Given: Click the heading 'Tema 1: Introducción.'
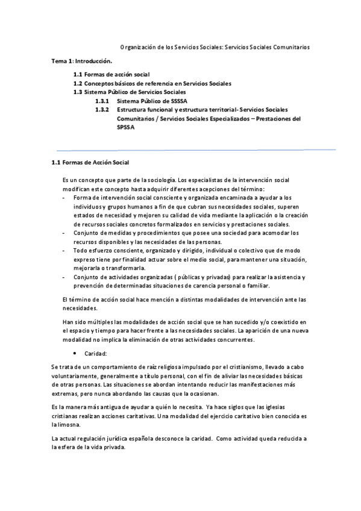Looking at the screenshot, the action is pos(81,61).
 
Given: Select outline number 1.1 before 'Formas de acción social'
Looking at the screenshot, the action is pos(78,74).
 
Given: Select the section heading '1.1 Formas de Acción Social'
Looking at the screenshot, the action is pos(90,163).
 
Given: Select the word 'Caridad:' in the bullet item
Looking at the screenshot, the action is pos(96,354).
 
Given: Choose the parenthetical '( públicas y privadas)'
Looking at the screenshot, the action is pos(170,277).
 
